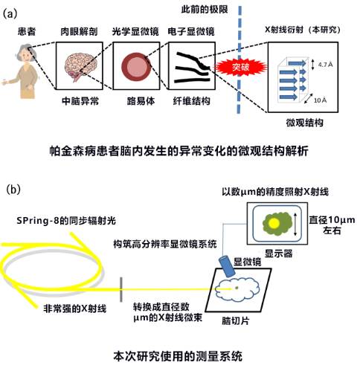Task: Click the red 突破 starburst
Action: pos(240,67)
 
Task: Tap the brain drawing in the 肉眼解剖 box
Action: pos(80,65)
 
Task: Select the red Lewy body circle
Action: pos(136,66)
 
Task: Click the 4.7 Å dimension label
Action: pos(325,65)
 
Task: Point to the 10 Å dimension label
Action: pos(320,100)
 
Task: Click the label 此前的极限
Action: pos(205,10)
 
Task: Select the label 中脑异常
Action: pos(80,101)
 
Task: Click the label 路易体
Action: pos(141,101)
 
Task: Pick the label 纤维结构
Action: pos(191,101)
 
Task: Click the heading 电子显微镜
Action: pos(191,31)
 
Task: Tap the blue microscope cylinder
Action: pos(227,266)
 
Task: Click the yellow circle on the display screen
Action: pos(274,223)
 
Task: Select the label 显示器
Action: pos(279,253)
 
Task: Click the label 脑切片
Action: pos(235,321)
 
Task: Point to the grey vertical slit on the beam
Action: pos(121,290)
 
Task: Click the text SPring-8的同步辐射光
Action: pos(66,221)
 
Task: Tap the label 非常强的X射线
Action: pos(75,309)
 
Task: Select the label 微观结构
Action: pos(305,123)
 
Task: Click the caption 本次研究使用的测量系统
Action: pos(178,356)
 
